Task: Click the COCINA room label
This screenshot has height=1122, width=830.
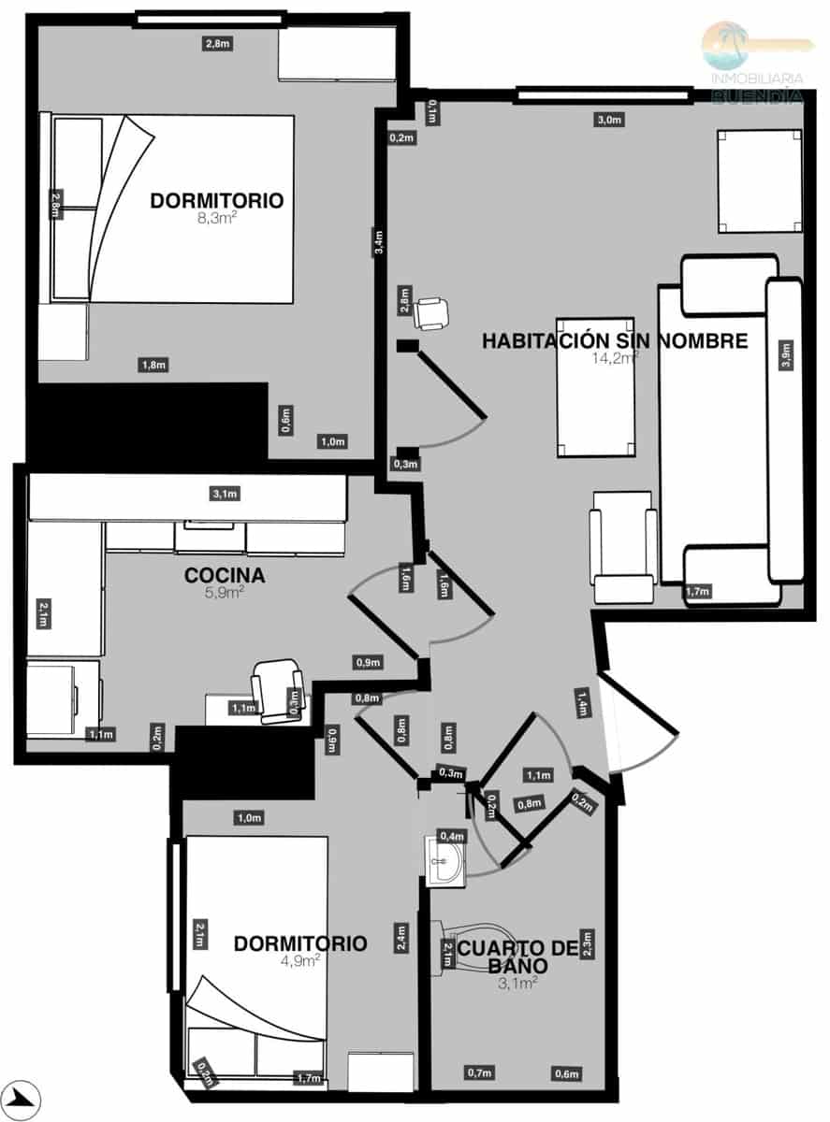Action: tap(225, 575)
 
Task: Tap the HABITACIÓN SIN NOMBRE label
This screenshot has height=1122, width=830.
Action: tap(615, 341)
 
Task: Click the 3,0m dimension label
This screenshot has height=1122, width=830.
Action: tap(608, 120)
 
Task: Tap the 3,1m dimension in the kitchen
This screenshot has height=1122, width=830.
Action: tap(226, 494)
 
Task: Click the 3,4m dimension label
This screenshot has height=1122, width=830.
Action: tap(378, 242)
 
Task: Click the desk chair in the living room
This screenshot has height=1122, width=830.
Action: tap(431, 312)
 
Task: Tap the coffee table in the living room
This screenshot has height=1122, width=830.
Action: tap(595, 387)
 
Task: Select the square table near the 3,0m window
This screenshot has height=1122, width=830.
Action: tap(759, 180)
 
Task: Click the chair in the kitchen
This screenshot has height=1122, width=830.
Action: tap(278, 690)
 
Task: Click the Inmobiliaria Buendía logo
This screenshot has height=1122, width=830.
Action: tap(757, 62)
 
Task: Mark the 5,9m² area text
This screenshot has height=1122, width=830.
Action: tap(226, 592)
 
